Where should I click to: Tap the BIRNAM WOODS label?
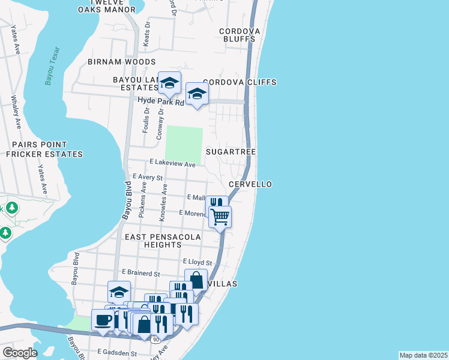click(x=122, y=62)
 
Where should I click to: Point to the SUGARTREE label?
click(x=231, y=152)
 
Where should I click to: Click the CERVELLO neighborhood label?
click(x=250, y=184)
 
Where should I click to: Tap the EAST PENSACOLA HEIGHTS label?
click(x=162, y=241)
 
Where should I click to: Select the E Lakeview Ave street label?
click(x=173, y=164)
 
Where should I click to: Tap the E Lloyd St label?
click(x=197, y=263)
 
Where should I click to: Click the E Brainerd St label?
click(x=140, y=274)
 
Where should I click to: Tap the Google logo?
click(x=20, y=353)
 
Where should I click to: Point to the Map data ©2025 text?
click(x=423, y=355)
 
